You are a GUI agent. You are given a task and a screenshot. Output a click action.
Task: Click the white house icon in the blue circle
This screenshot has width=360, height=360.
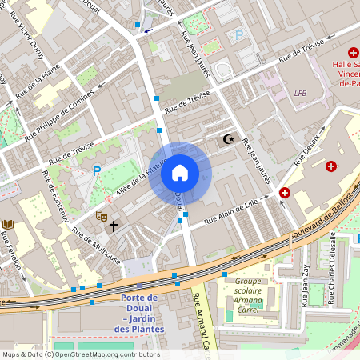click(179, 173)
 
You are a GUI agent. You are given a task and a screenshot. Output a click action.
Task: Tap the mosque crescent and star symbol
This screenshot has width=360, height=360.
click(229, 139)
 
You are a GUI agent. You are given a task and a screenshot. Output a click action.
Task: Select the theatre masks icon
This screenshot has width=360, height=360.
click(102, 216)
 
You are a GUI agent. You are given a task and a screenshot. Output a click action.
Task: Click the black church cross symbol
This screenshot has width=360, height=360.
click(114, 226)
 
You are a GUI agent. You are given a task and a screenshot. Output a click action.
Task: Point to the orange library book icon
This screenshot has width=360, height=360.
click(8, 225)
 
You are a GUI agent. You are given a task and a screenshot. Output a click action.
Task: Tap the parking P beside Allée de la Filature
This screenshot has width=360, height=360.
click(97, 170)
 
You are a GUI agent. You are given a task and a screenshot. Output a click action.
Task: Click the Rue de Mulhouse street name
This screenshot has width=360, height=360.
click(96, 246)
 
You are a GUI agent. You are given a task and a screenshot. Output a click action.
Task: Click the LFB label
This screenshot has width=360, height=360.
click(300, 93)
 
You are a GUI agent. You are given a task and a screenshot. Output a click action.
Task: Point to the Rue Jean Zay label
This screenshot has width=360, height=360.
click(305, 283)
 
